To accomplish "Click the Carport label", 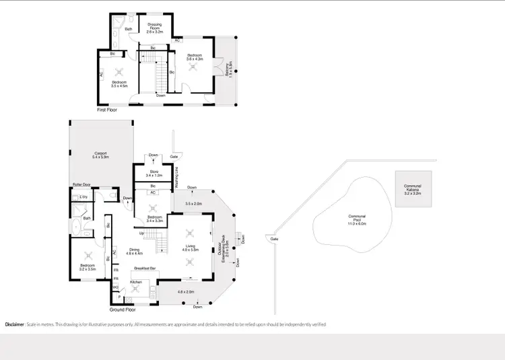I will coord(100,155).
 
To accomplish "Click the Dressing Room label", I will coord(155,28).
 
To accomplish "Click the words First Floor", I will coord(107,109).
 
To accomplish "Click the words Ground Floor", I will coord(123,310).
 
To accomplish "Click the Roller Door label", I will coord(81,184).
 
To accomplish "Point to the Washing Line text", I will coord(176,180).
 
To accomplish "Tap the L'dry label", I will coord(83,196).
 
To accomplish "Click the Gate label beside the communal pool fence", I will coord(273,239).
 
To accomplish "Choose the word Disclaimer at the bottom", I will coord(15,324).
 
